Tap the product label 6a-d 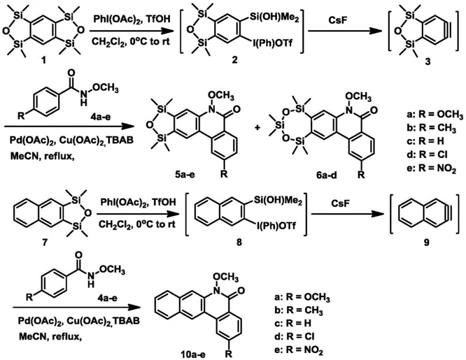click(316, 176)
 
